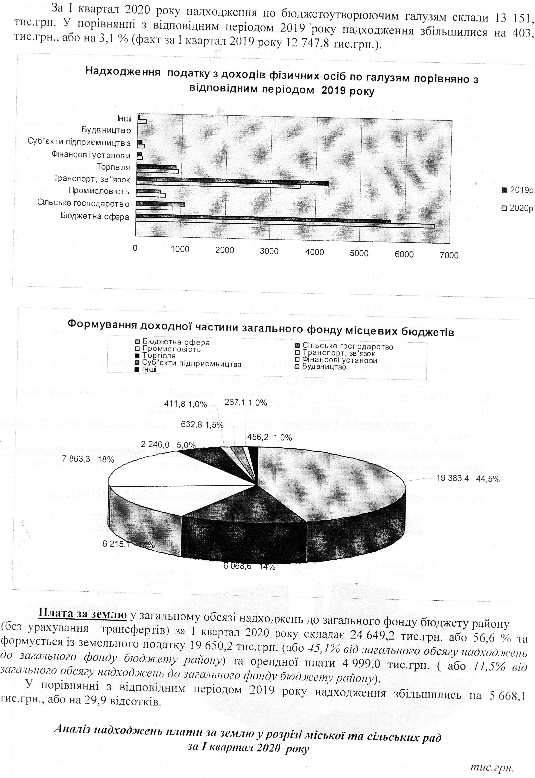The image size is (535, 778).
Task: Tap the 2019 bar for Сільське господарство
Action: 161,204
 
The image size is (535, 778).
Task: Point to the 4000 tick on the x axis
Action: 314,252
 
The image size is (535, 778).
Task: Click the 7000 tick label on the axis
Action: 449,255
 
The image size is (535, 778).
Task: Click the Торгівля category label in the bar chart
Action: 113,167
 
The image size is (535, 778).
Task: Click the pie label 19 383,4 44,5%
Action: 468,479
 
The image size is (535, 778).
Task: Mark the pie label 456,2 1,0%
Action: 269,437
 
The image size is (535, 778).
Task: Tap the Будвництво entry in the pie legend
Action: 324,367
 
